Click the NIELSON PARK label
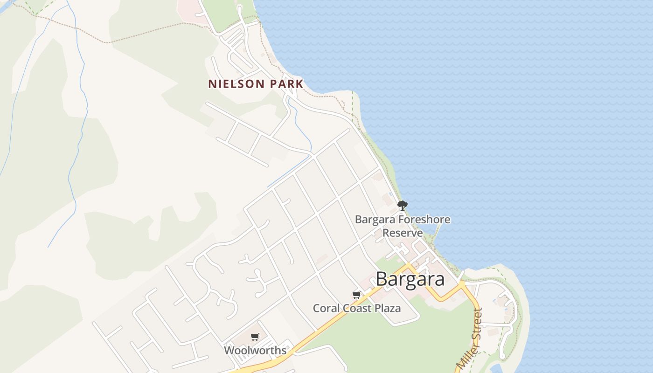coord(256,84)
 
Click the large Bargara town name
coord(410,279)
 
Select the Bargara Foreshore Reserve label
coord(403,226)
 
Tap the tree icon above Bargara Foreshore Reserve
coord(402,205)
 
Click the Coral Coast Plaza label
coord(357,308)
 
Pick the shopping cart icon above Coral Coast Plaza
coord(357,295)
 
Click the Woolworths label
coord(255,350)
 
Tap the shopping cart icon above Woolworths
coord(255,337)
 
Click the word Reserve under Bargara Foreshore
coord(403,233)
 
